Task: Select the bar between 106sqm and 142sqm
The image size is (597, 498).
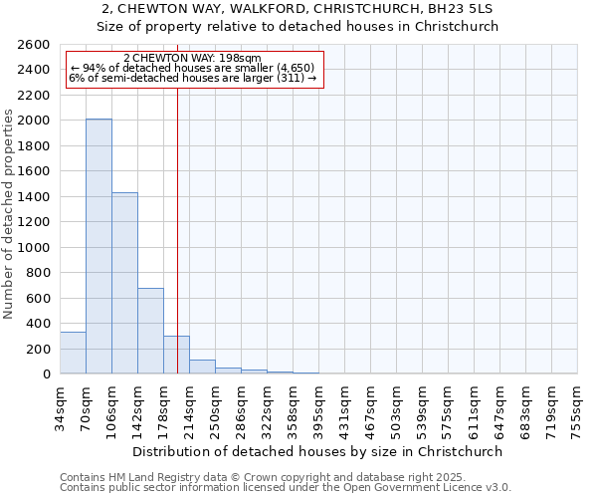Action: click(124, 283)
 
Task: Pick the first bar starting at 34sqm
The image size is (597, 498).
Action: click(73, 353)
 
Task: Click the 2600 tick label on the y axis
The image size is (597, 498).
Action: click(34, 45)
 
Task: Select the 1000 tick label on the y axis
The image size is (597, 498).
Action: click(34, 247)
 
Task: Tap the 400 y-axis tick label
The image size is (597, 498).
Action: click(38, 324)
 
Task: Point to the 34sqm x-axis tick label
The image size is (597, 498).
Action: click(60, 406)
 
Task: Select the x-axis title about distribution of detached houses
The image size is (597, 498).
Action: click(318, 451)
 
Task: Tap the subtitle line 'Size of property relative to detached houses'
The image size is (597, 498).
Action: click(298, 27)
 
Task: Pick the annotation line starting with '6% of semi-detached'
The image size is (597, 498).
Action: click(192, 78)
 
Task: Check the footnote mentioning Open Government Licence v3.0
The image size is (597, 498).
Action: click(286, 488)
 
